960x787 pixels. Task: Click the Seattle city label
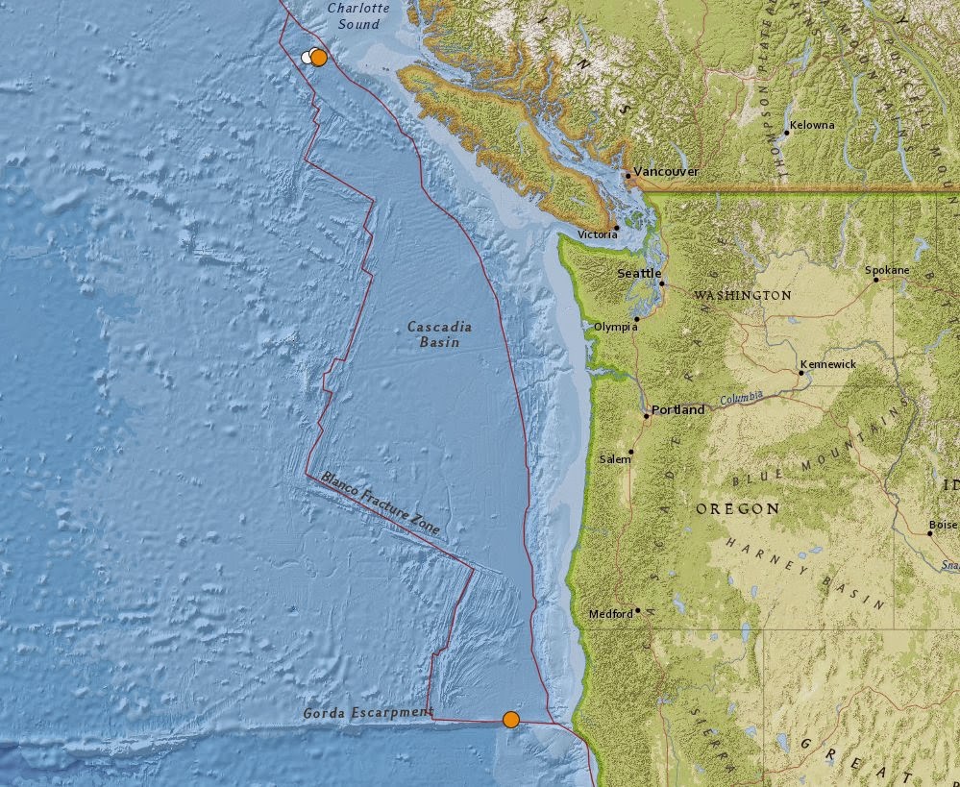pyautogui.click(x=639, y=274)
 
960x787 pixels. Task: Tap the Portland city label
pyautogui.click(x=677, y=409)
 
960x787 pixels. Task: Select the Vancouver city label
pyautogui.click(x=666, y=172)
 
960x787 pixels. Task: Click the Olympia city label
pyautogui.click(x=615, y=327)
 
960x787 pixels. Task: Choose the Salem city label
pyautogui.click(x=615, y=459)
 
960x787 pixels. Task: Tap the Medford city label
pyautogui.click(x=610, y=614)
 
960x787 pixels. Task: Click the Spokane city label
pyautogui.click(x=887, y=271)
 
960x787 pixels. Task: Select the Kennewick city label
pyautogui.click(x=827, y=365)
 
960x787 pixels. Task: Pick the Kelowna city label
pyautogui.click(x=812, y=125)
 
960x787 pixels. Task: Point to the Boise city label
pyautogui.click(x=943, y=526)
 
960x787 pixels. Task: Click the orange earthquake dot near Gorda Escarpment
pyautogui.click(x=511, y=720)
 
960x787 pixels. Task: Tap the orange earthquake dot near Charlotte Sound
pyautogui.click(x=319, y=57)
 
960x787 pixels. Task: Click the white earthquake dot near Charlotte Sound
pyautogui.click(x=307, y=57)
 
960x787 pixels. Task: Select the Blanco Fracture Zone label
pyautogui.click(x=381, y=504)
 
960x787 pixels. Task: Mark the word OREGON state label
pyautogui.click(x=738, y=508)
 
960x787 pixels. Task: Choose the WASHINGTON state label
pyautogui.click(x=743, y=295)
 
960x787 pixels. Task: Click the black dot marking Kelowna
pyautogui.click(x=786, y=133)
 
